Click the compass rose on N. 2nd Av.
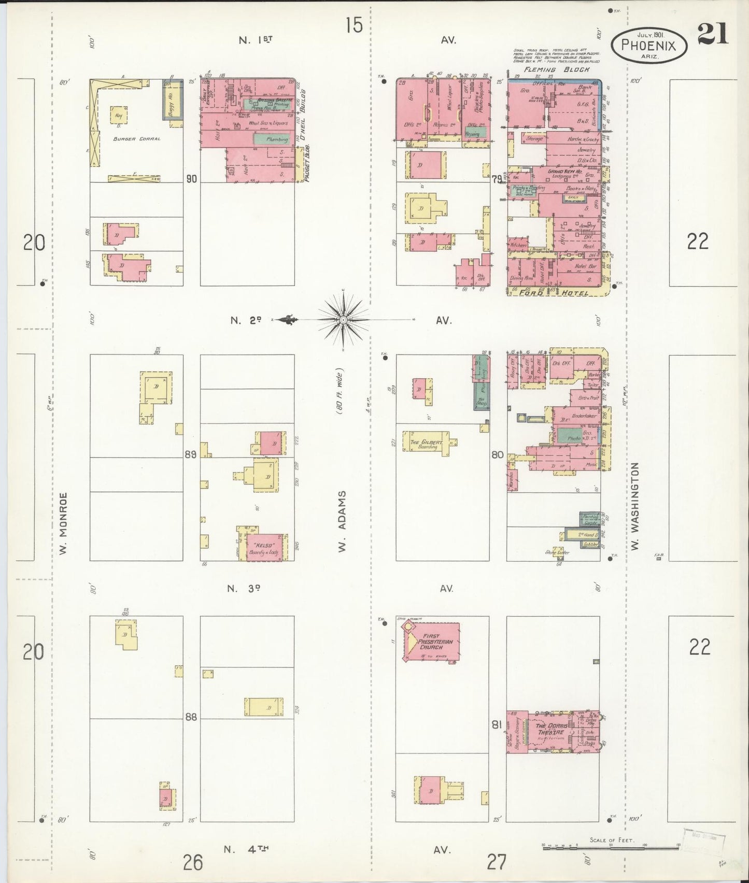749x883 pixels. (x=342, y=320)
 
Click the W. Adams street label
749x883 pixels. (x=342, y=525)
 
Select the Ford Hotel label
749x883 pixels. (x=554, y=293)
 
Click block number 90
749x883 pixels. (x=192, y=179)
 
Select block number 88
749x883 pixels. (x=191, y=718)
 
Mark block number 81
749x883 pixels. (x=497, y=725)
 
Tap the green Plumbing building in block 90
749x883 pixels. (x=270, y=139)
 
